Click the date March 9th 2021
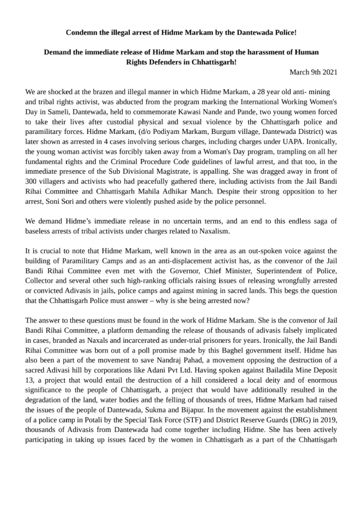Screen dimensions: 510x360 click(313, 72)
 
